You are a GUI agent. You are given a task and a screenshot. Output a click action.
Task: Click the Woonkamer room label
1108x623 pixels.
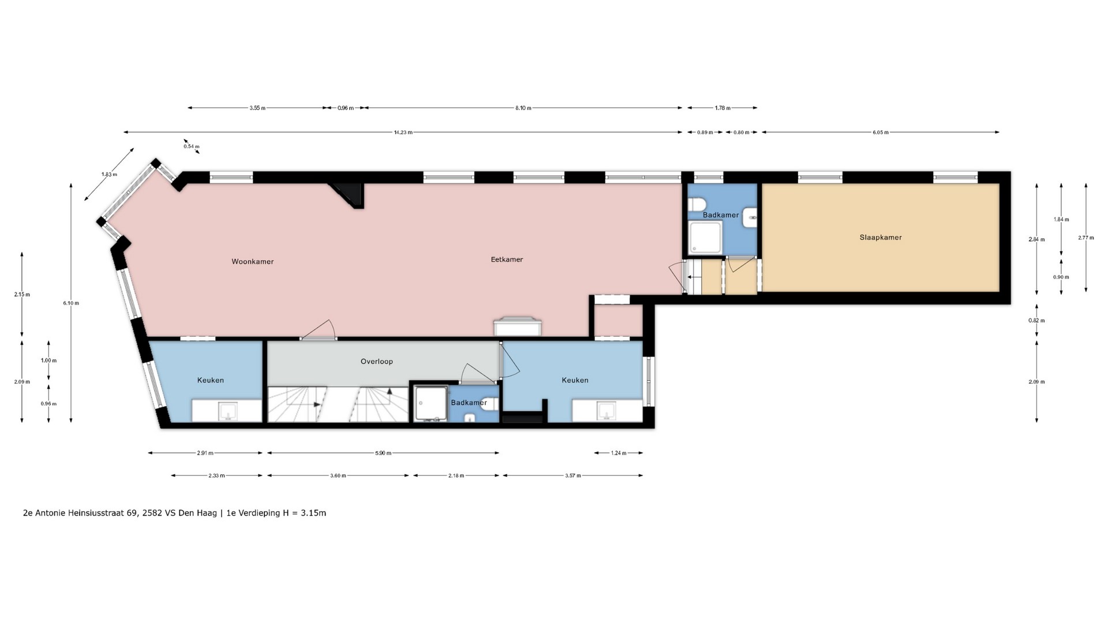coord(253,261)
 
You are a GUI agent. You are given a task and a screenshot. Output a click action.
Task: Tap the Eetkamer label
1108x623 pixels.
coord(507,260)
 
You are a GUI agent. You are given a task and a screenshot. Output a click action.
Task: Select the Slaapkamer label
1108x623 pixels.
coord(881,237)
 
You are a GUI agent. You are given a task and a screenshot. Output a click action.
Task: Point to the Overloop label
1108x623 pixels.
coord(377,362)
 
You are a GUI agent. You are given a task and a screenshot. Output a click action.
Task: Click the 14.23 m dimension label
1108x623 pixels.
coord(403,133)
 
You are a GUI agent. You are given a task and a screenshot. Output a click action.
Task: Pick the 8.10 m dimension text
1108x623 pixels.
coord(523,108)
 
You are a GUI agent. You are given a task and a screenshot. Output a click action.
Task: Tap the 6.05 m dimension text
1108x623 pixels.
coord(881,133)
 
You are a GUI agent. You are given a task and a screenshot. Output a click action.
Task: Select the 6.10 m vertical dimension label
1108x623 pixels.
coord(71,303)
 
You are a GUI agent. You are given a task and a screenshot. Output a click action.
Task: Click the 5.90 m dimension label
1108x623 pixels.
coord(383,453)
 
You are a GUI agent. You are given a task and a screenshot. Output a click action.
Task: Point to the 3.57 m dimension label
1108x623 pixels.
coord(573,476)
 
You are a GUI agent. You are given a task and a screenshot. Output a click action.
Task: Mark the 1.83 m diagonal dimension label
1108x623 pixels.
coord(109,175)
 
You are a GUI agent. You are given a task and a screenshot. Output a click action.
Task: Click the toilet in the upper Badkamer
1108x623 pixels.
coord(696,204)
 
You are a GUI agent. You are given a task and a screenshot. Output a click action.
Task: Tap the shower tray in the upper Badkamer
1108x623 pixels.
coord(705,238)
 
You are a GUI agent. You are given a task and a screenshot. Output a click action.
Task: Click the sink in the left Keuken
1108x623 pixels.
coord(227,412)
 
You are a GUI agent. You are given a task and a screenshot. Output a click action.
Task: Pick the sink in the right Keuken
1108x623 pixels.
coord(607,412)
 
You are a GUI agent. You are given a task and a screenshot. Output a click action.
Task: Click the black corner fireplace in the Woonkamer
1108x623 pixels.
coord(348,195)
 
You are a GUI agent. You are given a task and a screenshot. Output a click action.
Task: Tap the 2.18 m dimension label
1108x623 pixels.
coord(456,476)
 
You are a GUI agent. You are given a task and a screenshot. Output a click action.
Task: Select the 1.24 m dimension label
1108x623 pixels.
coord(619,453)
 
